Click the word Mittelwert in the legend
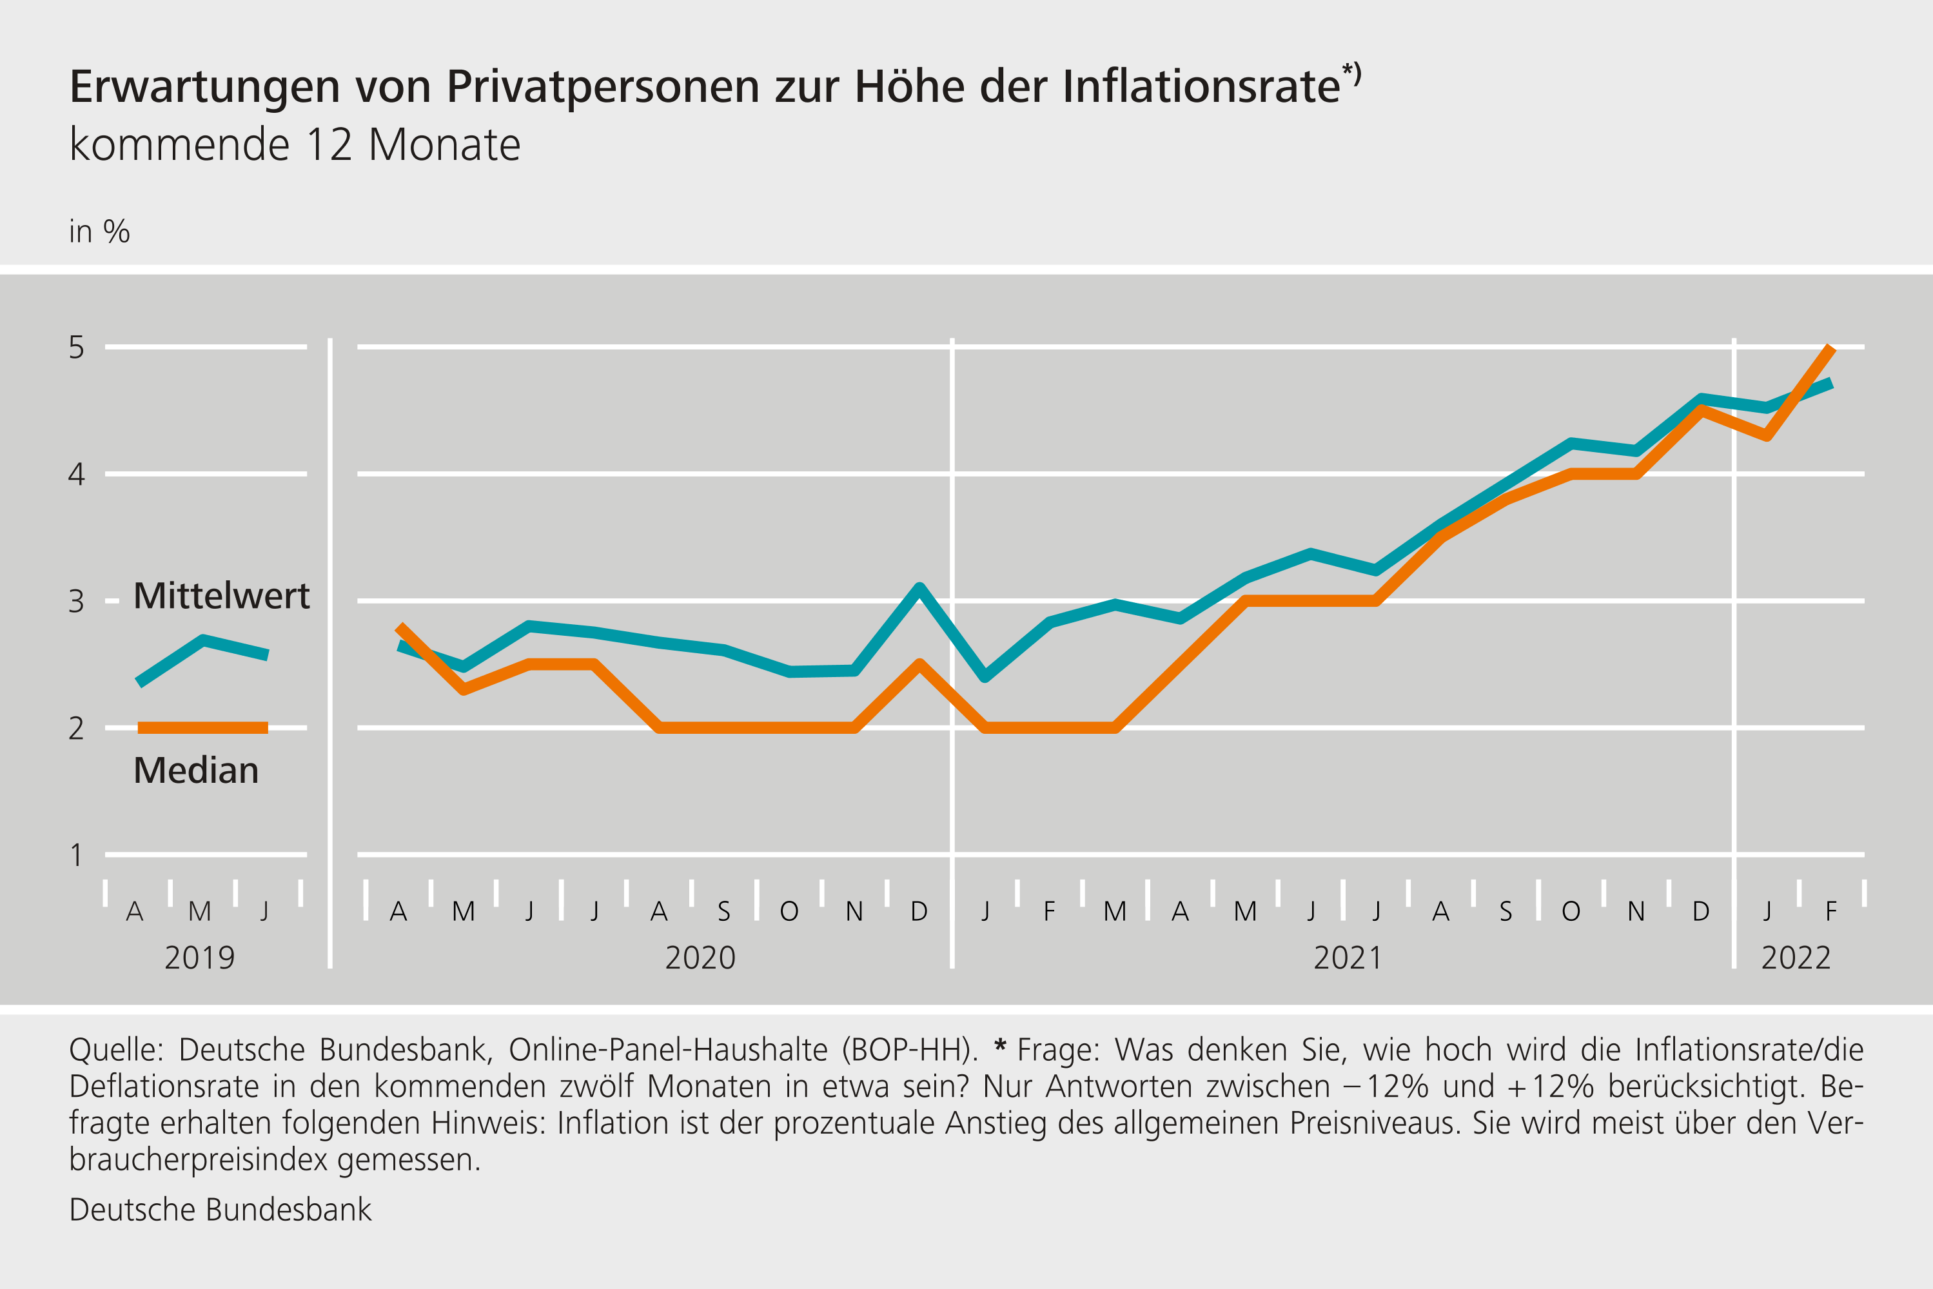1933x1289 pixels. (x=221, y=596)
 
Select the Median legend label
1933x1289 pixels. (x=195, y=771)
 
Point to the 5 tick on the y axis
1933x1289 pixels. (x=77, y=348)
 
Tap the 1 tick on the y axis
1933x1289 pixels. (x=77, y=856)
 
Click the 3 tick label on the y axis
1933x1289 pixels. (x=77, y=602)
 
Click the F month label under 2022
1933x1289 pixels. (x=1831, y=912)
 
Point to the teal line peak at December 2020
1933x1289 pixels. (x=919, y=587)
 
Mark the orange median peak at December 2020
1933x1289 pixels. (x=919, y=664)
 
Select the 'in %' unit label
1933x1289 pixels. (x=99, y=232)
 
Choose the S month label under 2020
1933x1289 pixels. (x=724, y=912)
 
